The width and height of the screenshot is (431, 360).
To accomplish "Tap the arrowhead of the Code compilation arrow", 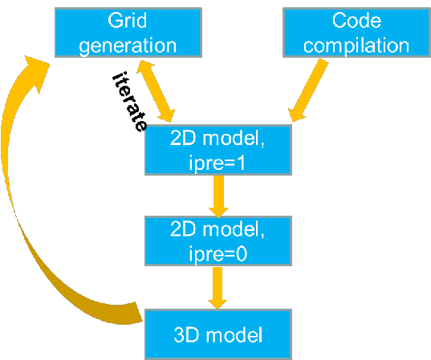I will tap(297, 113).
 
